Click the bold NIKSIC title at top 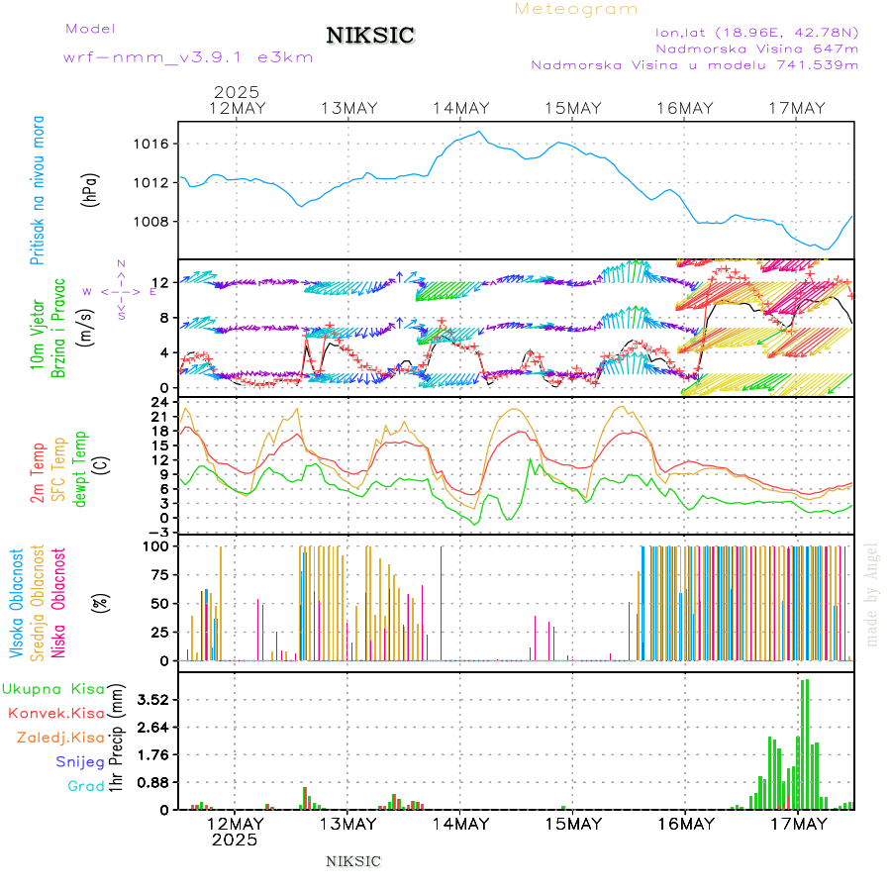pyautogui.click(x=370, y=37)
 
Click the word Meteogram pyautogui.click(x=576, y=9)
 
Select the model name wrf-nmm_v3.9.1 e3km pyautogui.click(x=188, y=57)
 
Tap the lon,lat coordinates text pyautogui.click(x=757, y=31)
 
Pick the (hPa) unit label pyautogui.click(x=91, y=190)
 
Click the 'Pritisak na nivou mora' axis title pyautogui.click(x=38, y=190)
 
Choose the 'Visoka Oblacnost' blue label pyautogui.click(x=18, y=604)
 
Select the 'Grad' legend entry pyautogui.click(x=86, y=787)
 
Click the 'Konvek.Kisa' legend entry pyautogui.click(x=56, y=713)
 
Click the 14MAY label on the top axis pyautogui.click(x=461, y=108)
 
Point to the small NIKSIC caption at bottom pyautogui.click(x=353, y=861)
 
